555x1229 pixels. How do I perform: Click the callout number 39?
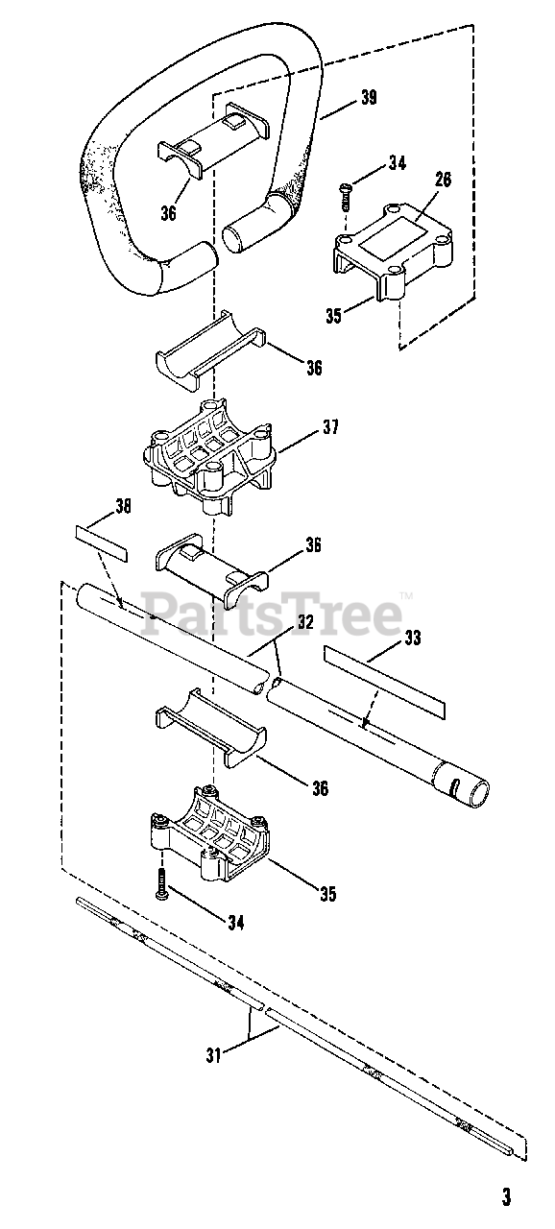[369, 97]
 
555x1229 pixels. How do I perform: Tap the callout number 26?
[443, 180]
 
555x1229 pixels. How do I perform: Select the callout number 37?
[330, 427]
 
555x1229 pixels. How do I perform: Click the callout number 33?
[413, 638]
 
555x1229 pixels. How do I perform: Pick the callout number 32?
[305, 622]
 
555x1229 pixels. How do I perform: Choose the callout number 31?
[214, 1054]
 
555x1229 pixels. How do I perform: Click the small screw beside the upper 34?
[346, 195]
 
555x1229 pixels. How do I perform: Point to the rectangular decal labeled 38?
[101, 542]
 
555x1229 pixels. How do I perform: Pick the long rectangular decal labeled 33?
[384, 682]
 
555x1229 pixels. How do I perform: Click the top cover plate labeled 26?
[395, 251]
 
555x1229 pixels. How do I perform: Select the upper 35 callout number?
[333, 316]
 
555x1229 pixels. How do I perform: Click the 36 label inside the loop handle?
[168, 212]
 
